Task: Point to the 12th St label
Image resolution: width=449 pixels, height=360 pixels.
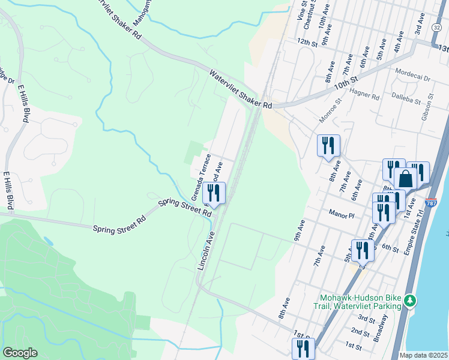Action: click(306, 42)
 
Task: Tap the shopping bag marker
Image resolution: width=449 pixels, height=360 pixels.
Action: click(405, 179)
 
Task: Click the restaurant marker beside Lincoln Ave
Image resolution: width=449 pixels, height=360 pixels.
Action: click(213, 193)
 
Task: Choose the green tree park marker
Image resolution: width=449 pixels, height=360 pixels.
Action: click(409, 299)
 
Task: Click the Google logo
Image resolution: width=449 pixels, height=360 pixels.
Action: click(20, 353)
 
